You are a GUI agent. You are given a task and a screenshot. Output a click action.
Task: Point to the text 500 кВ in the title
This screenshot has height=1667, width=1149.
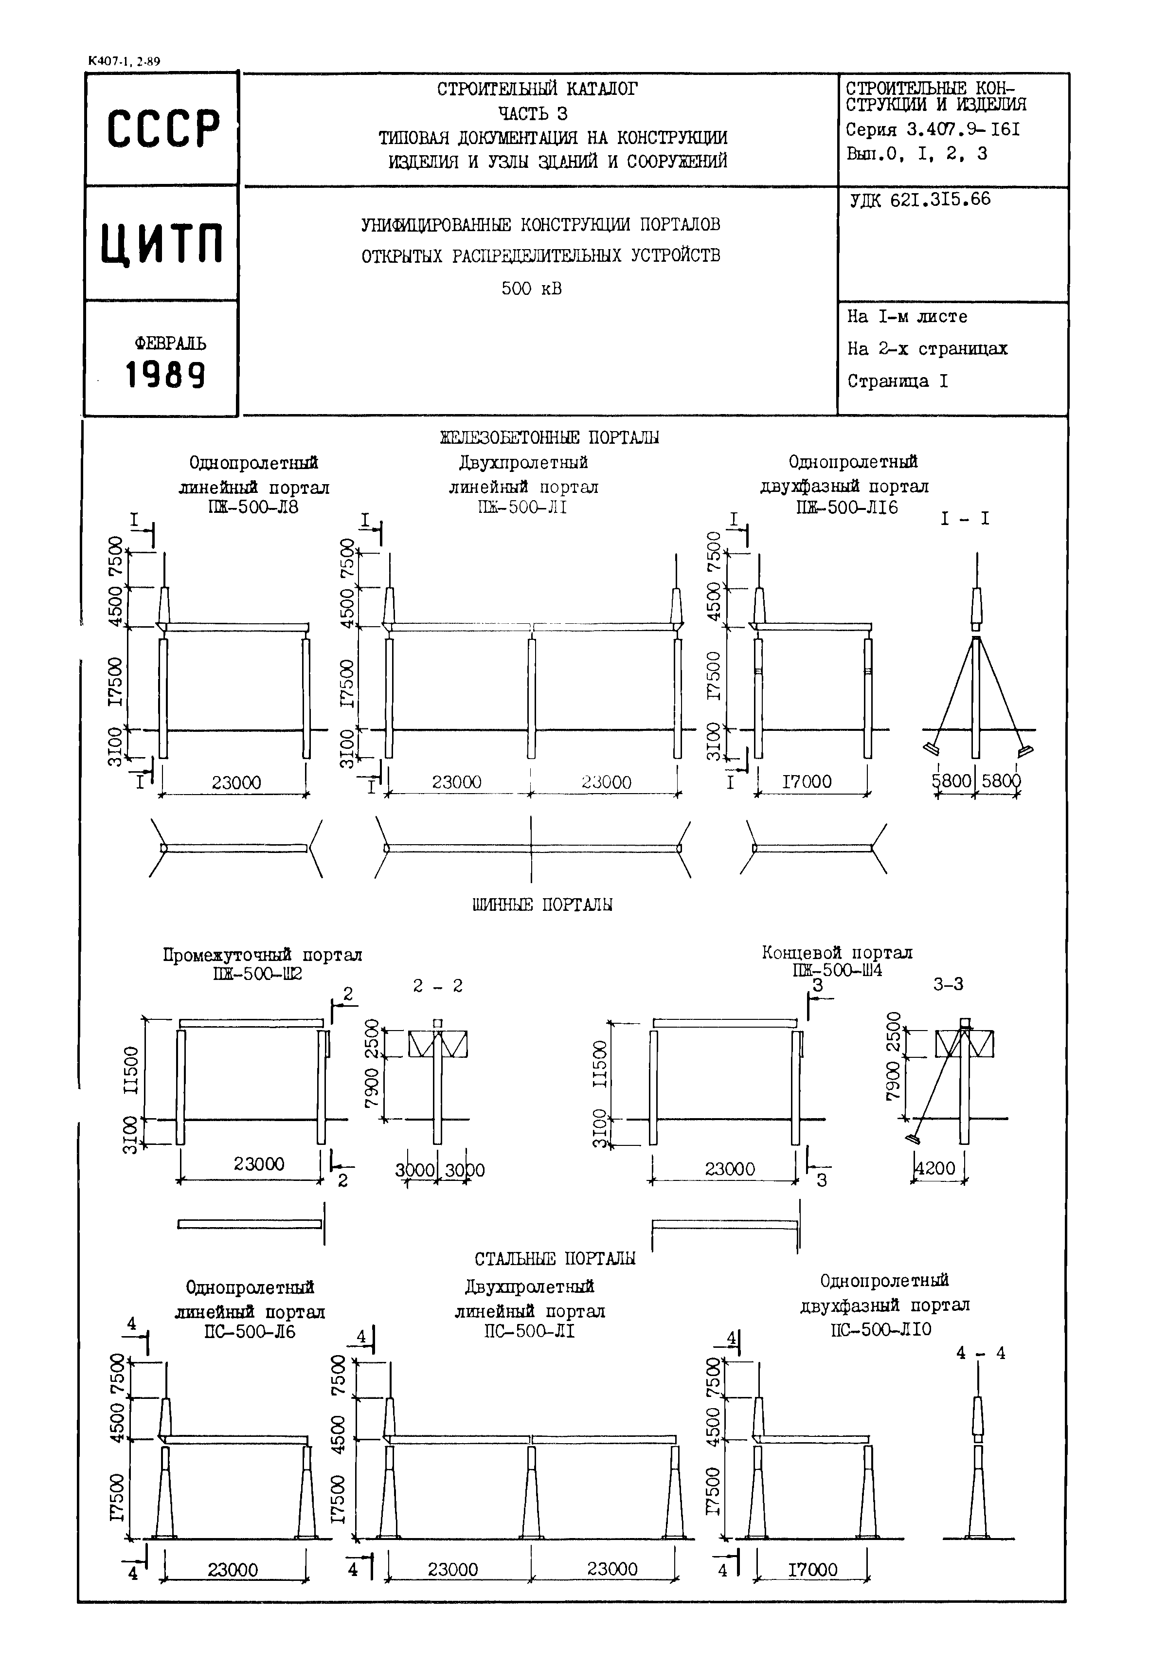(531, 289)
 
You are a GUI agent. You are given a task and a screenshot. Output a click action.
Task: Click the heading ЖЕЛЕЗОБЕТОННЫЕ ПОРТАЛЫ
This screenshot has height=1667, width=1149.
(549, 437)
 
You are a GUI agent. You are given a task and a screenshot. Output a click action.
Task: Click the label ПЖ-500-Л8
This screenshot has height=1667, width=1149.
(252, 507)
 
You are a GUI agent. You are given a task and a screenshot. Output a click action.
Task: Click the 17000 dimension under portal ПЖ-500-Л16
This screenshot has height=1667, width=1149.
(807, 781)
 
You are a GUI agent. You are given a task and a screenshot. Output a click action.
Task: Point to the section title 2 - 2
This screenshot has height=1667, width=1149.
(438, 986)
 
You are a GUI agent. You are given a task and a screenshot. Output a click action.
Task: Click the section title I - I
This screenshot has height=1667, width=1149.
(965, 519)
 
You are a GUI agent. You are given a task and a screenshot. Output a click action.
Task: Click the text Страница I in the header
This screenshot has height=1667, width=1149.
(897, 381)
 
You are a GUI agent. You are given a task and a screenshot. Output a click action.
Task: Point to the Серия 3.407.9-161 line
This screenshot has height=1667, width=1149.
(933, 130)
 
